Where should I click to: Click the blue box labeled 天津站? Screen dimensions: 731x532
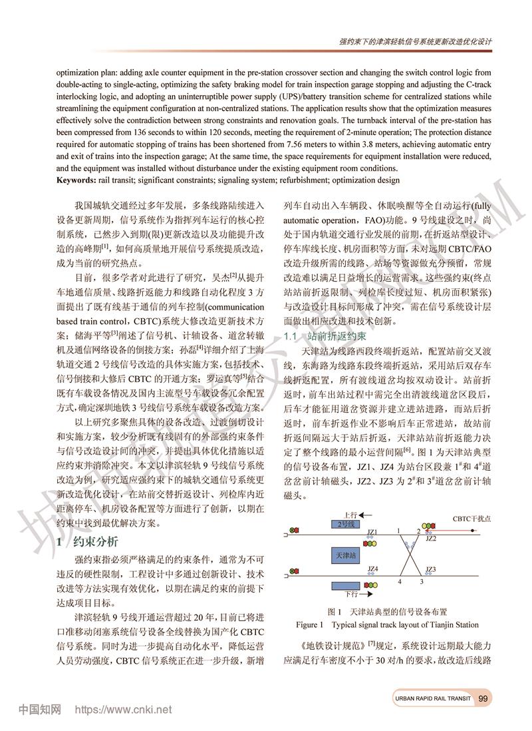[348, 555]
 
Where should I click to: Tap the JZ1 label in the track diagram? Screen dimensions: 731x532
[372, 532]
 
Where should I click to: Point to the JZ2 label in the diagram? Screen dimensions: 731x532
[430, 538]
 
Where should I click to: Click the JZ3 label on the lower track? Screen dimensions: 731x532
[430, 569]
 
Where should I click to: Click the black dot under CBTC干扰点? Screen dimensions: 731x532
[473, 531]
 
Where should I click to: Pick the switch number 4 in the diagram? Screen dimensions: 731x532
[400, 581]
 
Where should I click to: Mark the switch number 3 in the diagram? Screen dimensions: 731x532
[420, 581]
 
